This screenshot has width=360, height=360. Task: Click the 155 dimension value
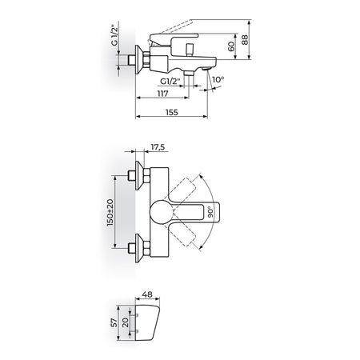(171, 112)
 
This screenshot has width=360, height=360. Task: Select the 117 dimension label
(162, 94)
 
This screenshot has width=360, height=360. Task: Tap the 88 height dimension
(245, 39)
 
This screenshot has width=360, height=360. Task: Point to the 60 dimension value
(231, 46)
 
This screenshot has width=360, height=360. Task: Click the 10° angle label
(218, 79)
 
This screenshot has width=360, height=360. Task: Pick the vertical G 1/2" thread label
(114, 35)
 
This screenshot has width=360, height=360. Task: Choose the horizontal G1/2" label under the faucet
(170, 81)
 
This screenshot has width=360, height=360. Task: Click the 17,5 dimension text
(158, 146)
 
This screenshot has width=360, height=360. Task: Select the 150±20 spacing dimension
(110, 213)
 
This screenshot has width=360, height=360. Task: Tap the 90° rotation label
(210, 212)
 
